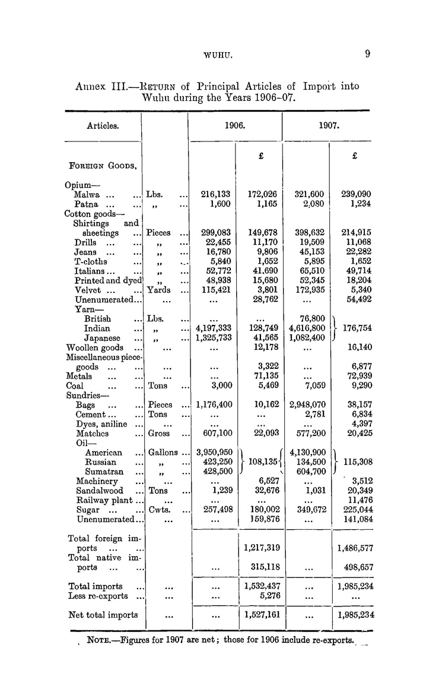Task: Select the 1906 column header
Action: tap(235, 126)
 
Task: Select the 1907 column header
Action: tap(329, 126)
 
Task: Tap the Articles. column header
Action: tap(103, 126)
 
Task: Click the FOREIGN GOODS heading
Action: tap(103, 166)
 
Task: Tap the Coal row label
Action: tap(75, 386)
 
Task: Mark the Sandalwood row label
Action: tap(99, 491)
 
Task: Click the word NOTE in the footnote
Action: tap(101, 640)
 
